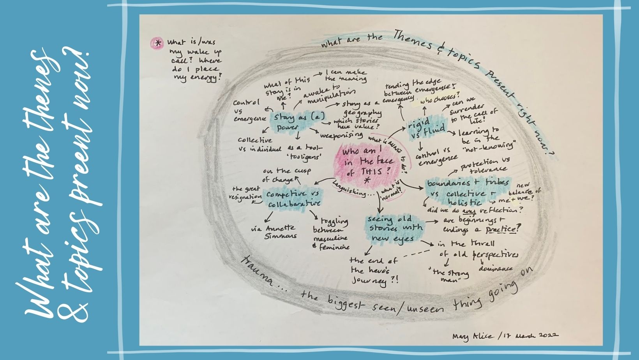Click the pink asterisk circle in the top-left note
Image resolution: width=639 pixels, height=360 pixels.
[x=157, y=44]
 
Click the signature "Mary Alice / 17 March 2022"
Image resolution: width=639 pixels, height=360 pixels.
[x=505, y=335]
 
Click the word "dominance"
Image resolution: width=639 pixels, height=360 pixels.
[x=496, y=269]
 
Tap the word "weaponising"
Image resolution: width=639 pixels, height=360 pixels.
[x=342, y=136]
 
